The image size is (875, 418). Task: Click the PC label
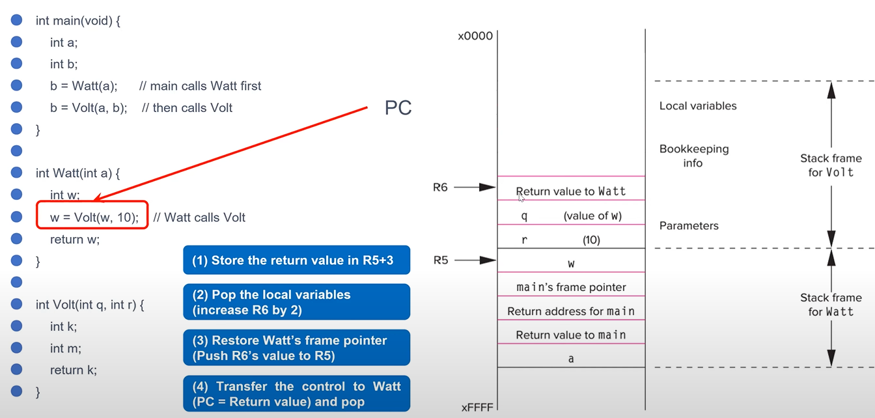[398, 107]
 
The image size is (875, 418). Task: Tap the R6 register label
[441, 188]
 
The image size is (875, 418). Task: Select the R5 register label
[441, 260]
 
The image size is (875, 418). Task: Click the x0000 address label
[475, 36]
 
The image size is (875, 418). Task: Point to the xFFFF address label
[477, 408]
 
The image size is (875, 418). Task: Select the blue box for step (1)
[297, 260]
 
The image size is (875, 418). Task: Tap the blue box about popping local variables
[297, 302]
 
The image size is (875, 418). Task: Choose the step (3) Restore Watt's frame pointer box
[297, 348]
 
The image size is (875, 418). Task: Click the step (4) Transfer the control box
[297, 394]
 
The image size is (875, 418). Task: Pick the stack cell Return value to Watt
[571, 191]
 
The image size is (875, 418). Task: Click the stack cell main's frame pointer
[571, 287]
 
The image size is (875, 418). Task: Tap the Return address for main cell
[571, 311]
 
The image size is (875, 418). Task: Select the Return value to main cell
[571, 335]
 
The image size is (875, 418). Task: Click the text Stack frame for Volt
[831, 165]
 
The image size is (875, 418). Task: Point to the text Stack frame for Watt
[831, 305]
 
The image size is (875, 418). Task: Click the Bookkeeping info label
[693, 156]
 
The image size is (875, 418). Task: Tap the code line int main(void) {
[78, 21]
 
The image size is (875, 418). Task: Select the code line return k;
[74, 370]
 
